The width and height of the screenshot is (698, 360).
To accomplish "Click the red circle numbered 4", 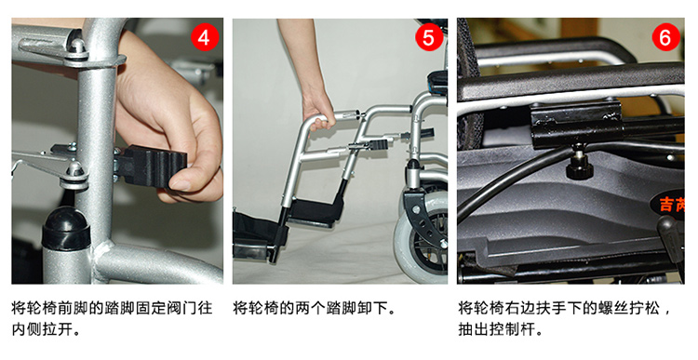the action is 205,38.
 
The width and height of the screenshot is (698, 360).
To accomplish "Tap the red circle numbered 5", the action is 428,38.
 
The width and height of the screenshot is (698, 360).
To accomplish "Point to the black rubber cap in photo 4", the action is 66,227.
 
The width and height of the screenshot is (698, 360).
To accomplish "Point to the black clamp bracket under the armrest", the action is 576,125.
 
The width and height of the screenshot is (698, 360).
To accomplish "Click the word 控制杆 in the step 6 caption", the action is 512,329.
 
